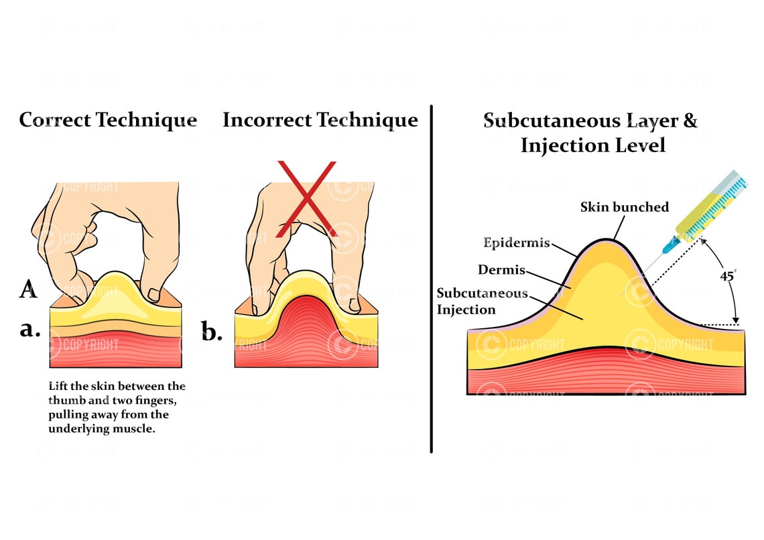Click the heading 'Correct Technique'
pos(108,121)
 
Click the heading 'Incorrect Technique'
pos(320,121)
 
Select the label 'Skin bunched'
pos(625,207)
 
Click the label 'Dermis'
pos(501,271)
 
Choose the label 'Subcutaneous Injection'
pos(482,301)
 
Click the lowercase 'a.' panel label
pos(30,330)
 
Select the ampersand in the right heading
pos(689,121)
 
